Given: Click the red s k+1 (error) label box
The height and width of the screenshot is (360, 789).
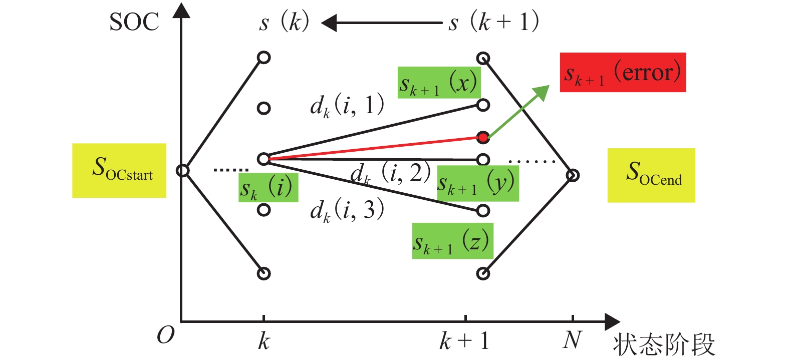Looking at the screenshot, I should click(622, 73).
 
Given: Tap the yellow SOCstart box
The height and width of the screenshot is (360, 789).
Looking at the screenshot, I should click(119, 170).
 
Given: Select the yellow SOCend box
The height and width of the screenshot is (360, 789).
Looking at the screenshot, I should click(651, 175).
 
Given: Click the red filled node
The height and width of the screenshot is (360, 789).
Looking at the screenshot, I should click(483, 137).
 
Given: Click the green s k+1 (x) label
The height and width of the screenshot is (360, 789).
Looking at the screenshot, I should click(439, 83).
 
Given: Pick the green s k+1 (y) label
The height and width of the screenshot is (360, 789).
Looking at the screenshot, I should click(477, 183).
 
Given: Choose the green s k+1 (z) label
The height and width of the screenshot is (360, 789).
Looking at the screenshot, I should click(452, 241).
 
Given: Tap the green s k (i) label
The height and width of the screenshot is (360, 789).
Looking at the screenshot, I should click(268, 188).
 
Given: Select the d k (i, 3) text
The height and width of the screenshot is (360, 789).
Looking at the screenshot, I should click(347, 209).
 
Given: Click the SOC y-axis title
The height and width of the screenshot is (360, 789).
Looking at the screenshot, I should click(134, 23).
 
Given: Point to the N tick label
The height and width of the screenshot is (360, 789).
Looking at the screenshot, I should click(572, 340).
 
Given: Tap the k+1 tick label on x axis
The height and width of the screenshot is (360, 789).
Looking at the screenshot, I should click(464, 341).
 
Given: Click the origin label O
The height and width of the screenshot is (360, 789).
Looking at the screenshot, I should click(165, 334).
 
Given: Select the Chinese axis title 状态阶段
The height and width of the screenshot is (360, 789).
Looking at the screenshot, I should click(663, 344).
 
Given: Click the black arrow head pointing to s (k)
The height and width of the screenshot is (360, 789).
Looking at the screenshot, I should click(328, 23).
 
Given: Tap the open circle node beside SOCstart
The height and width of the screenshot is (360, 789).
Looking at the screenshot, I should click(183, 171).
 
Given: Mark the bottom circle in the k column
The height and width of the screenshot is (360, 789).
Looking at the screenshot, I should click(264, 273).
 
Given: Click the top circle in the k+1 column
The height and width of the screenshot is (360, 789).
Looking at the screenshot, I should click(483, 58).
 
